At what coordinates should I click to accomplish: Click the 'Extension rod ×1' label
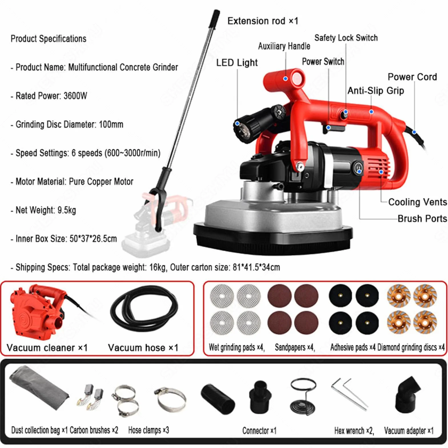click(263, 21)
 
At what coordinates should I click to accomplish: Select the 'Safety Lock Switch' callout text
click(346, 38)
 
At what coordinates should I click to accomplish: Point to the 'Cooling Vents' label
click(417, 202)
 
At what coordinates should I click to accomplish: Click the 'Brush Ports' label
click(422, 218)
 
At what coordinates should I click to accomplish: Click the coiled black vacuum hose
click(144, 308)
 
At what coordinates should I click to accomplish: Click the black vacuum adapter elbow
click(408, 394)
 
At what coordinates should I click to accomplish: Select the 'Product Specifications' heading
click(48, 39)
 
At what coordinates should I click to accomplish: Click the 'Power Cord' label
click(412, 77)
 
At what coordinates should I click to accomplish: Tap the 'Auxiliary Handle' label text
click(284, 46)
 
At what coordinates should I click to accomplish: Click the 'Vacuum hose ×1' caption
click(143, 347)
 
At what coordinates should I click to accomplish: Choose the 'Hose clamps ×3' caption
click(148, 430)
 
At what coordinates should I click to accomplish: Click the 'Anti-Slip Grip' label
click(375, 91)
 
